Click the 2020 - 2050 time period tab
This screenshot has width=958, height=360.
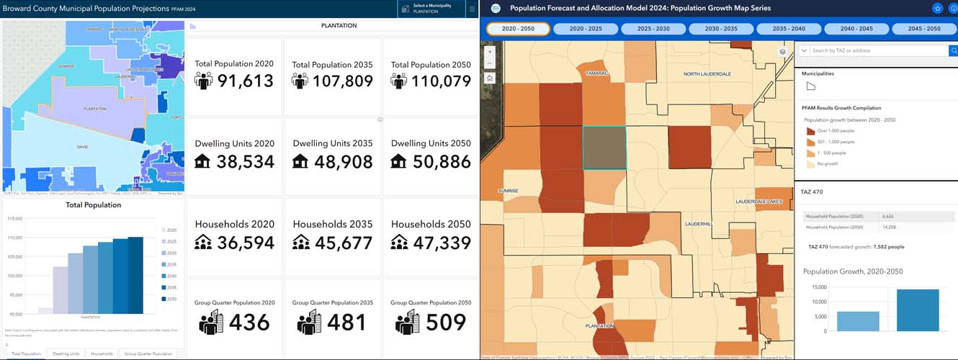tap(518, 29)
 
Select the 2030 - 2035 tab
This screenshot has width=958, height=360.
tap(721, 29)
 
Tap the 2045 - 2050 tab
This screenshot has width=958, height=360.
tap(924, 29)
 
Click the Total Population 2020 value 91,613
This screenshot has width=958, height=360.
tap(246, 81)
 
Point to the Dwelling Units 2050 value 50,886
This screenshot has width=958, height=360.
tap(442, 162)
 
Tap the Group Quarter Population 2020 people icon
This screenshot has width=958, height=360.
tap(210, 323)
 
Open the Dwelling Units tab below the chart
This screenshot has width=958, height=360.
tap(66, 354)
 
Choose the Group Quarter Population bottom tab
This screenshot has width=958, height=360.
tap(148, 354)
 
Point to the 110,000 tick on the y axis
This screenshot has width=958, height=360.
tap(14, 238)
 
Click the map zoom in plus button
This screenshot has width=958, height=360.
tap(490, 52)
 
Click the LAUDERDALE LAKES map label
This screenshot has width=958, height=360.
tap(758, 202)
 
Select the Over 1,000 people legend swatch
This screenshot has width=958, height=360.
tap(811, 131)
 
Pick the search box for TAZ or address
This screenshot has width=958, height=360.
tap(879, 50)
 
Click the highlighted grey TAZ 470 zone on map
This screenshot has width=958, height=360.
tap(604, 148)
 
